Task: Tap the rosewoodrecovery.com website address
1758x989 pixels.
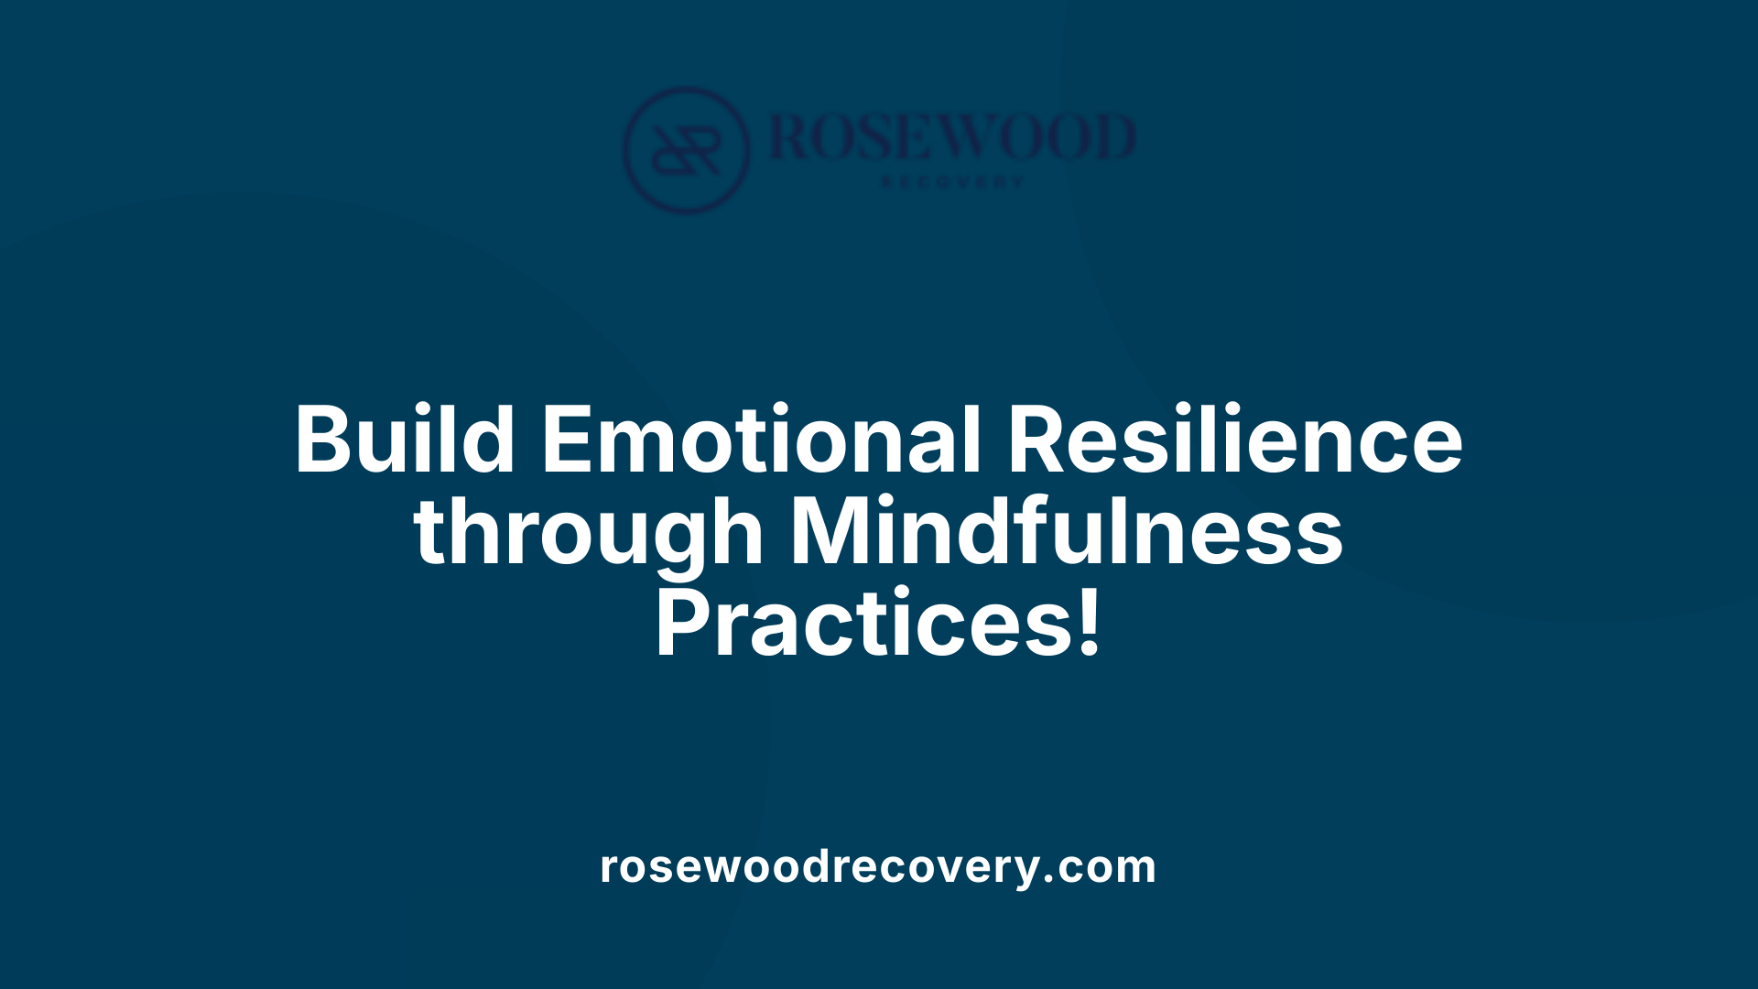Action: click(x=878, y=866)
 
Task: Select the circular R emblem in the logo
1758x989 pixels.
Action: click(x=686, y=149)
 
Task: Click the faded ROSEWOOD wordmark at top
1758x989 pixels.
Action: click(x=952, y=137)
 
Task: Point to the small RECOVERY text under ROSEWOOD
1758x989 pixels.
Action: click(x=952, y=182)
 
